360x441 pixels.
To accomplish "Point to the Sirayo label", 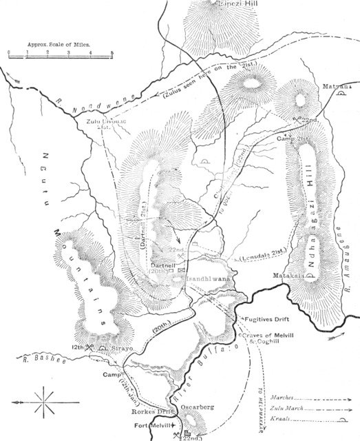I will click(x=120, y=350).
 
